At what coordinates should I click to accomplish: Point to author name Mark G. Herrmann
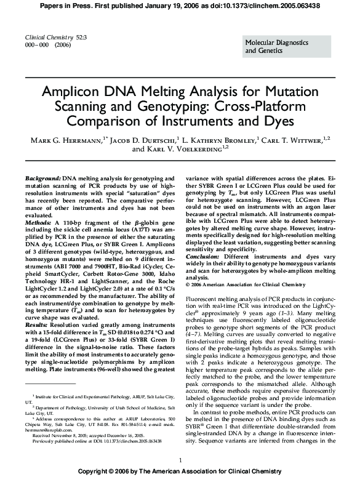(65, 140)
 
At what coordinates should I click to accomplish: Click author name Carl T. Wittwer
(293, 140)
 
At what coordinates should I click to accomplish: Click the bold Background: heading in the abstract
(42, 177)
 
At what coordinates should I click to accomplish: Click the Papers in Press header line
(180, 6)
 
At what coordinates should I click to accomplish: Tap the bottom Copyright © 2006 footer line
(180, 475)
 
